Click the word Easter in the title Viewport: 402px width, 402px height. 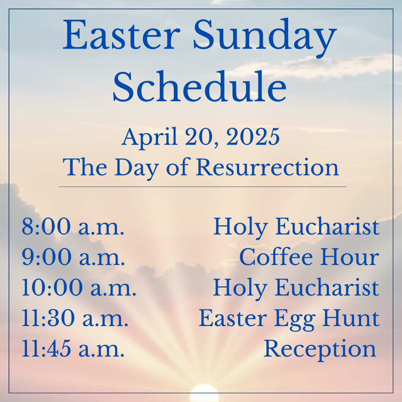pyautogui.click(x=121, y=35)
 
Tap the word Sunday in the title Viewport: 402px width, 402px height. pyautogui.click(x=265, y=38)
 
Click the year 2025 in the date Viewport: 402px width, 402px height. pyautogui.click(x=253, y=137)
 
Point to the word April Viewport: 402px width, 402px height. pyautogui.click(x=150, y=138)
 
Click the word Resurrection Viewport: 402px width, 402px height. pyautogui.click(x=267, y=167)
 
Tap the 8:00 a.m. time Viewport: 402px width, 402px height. pyautogui.click(x=73, y=226)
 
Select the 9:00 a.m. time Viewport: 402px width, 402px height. pyautogui.click(x=73, y=256)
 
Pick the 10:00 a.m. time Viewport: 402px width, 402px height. pyautogui.click(x=79, y=287)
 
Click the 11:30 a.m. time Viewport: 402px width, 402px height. pyautogui.click(x=75, y=318)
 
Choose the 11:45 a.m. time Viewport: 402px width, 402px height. pyautogui.click(x=73, y=348)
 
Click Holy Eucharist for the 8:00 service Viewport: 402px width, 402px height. pyautogui.click(x=296, y=228)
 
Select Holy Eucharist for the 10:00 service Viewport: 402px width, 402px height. pyautogui.click(x=296, y=289)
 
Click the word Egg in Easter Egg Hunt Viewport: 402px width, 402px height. pyautogui.click(x=294, y=319)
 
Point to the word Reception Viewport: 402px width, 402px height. pyautogui.click(x=320, y=350)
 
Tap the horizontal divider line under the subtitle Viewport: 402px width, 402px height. pyautogui.click(x=203, y=186)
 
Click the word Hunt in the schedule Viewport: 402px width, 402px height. pyautogui.click(x=351, y=318)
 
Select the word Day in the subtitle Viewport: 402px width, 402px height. pyautogui.click(x=136, y=169)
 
